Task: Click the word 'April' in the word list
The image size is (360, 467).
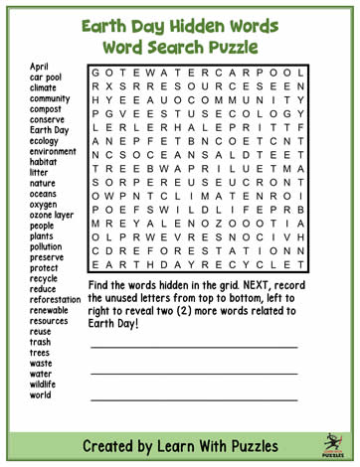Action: pyautogui.click(x=39, y=66)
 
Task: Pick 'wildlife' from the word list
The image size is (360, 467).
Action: pyautogui.click(x=45, y=384)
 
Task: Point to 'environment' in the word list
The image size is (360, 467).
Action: pyautogui.click(x=54, y=151)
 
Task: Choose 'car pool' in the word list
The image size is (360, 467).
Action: pyautogui.click(x=46, y=77)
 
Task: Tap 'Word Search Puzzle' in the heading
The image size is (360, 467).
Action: pyautogui.click(x=180, y=47)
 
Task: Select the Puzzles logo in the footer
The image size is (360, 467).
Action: pyautogui.click(x=332, y=443)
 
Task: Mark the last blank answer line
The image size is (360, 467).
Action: pyautogui.click(x=194, y=398)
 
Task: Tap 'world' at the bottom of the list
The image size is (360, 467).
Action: pyautogui.click(x=40, y=394)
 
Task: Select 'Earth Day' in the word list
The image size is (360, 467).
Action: pyautogui.click(x=49, y=129)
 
